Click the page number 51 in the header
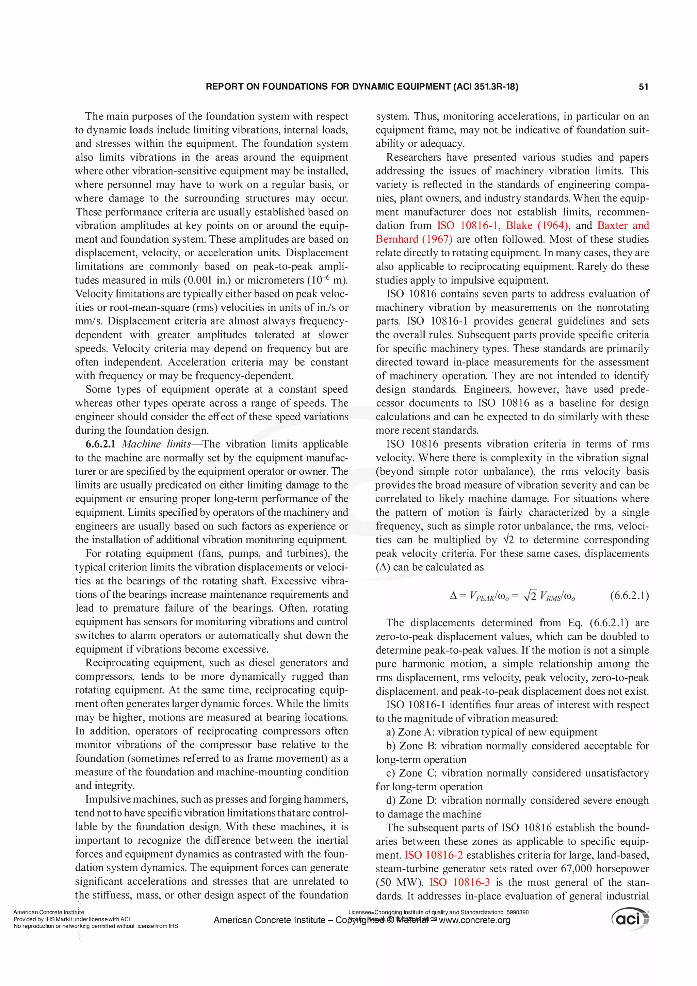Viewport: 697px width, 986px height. [x=643, y=87]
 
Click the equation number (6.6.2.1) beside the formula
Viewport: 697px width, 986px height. [x=629, y=596]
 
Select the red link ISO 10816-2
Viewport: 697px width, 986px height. [x=434, y=855]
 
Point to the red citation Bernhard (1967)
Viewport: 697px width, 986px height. [x=414, y=239]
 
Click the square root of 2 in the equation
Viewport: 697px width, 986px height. [x=530, y=596]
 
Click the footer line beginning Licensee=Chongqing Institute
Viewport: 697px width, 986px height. [x=438, y=912]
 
